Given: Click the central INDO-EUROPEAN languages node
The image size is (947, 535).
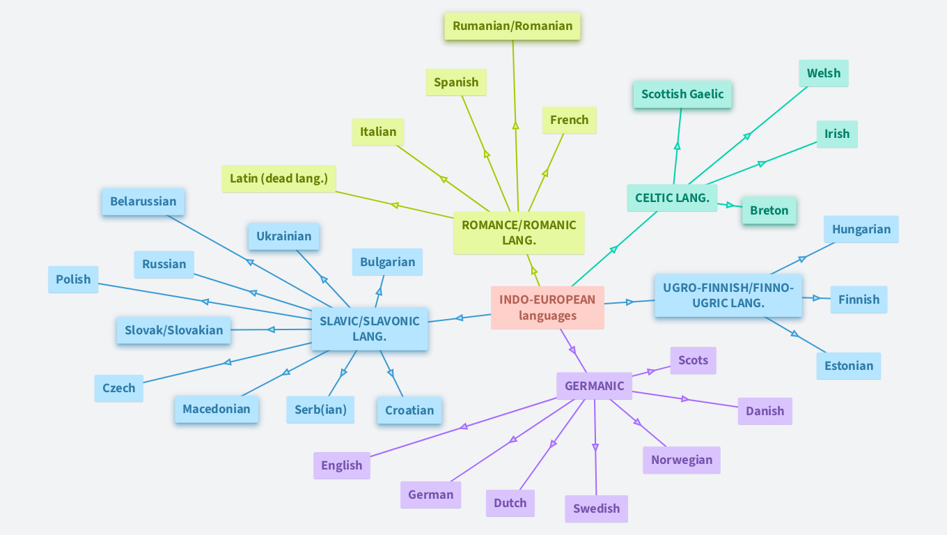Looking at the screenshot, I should point(547,307).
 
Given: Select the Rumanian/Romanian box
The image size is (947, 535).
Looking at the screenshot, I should point(512,26).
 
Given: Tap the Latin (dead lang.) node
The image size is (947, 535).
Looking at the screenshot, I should point(279,178).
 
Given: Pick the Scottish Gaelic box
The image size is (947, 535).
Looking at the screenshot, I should point(682,94).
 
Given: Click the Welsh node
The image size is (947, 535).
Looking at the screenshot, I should point(823,73).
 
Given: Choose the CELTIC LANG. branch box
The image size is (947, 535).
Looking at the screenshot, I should point(672,198).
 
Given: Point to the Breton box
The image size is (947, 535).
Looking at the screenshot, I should point(769,210).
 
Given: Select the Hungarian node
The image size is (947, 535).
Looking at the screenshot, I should point(861,229).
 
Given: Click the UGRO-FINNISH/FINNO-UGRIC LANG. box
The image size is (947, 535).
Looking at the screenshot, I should point(728,295).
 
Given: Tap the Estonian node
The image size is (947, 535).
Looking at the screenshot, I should point(848,366).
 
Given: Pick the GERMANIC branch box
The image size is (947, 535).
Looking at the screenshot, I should point(594,386).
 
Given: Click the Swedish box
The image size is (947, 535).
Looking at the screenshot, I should point(596,509).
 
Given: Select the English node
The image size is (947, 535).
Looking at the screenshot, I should point(341,465).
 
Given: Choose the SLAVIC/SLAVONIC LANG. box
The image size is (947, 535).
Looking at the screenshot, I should point(369,329).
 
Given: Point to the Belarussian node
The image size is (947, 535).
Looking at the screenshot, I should point(143,201).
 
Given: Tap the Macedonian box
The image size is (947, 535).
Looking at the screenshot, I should point(216,409).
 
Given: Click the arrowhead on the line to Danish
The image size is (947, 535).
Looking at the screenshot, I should point(685,399).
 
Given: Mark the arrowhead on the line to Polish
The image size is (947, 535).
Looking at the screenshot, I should point(205,302).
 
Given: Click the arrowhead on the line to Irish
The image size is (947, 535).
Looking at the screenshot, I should point(761,164).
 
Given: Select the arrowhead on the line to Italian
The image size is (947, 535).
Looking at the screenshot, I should point(444,180).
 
